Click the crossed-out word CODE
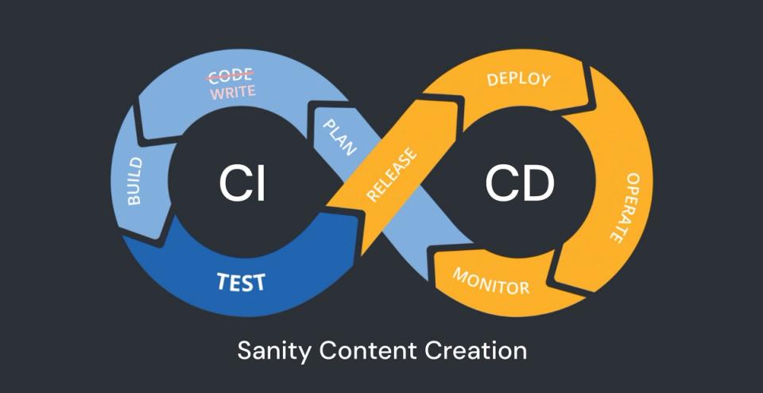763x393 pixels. click(x=230, y=75)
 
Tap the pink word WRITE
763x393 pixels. click(x=232, y=91)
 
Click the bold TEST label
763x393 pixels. click(x=242, y=281)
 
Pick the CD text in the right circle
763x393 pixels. click(x=519, y=184)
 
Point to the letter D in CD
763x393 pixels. click(x=536, y=184)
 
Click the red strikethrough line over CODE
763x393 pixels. click(x=230, y=75)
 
